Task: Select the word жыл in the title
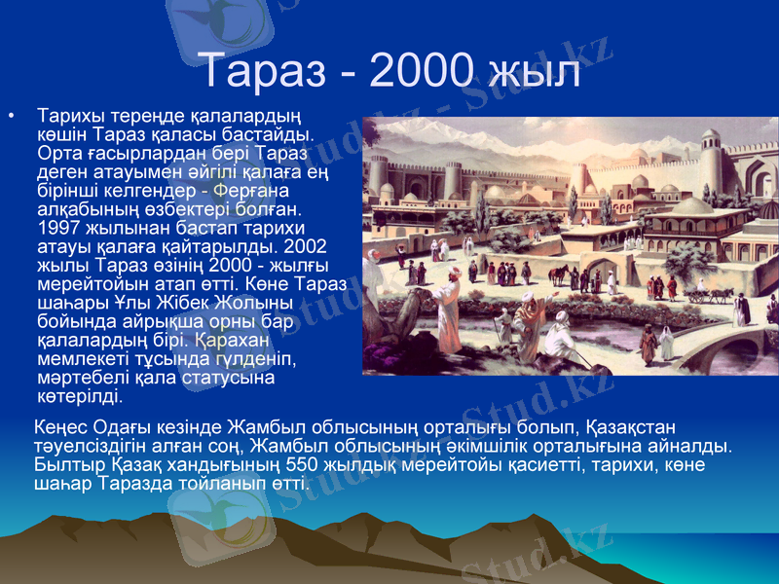(537, 71)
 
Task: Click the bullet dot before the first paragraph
(12, 117)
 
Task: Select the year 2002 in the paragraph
(309, 244)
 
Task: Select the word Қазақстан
(632, 427)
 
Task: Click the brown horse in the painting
(558, 274)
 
